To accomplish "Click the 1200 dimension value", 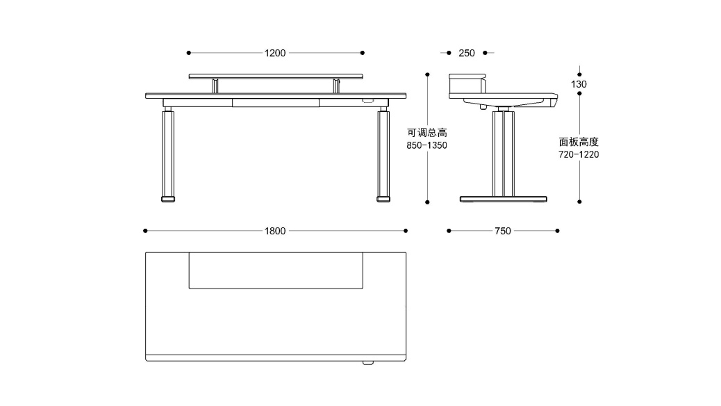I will (275, 53).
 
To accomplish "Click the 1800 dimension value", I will (275, 231).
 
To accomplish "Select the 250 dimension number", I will (467, 53).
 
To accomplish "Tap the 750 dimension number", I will (503, 231).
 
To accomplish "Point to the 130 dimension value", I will (579, 84).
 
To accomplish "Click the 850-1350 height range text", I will (426, 146).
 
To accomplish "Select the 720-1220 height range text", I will (579, 155).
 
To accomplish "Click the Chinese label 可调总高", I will (426, 133).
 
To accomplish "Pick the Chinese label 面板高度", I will (579, 142).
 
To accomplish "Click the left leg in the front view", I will (168, 153).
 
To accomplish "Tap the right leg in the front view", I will (383, 153).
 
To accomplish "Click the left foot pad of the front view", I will (168, 200).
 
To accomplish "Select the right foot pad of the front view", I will (383, 200).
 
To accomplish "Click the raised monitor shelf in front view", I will (276, 76).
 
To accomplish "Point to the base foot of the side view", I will (504, 200).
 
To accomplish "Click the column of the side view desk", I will (504, 153).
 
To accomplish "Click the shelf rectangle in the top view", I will (276, 270).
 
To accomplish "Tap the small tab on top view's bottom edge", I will (367, 362).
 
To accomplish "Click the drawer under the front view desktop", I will (276, 103).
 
